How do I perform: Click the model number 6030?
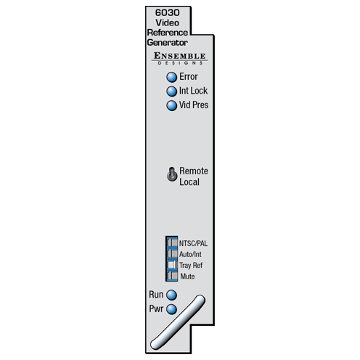(x=167, y=12)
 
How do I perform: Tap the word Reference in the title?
(x=168, y=33)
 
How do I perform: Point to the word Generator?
(x=168, y=43)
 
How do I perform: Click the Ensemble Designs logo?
(x=179, y=58)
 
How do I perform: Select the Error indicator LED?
(x=171, y=77)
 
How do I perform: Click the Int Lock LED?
(x=171, y=91)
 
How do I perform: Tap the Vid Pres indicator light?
(x=171, y=105)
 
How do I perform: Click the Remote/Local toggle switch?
(x=172, y=174)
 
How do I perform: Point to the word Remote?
(x=194, y=171)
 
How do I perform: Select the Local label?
(x=189, y=182)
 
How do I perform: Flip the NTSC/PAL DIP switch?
(x=172, y=242)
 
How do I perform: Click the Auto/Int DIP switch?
(x=172, y=253)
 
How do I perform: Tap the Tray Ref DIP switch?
(x=172, y=264)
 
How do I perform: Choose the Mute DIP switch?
(x=172, y=276)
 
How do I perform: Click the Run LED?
(x=171, y=295)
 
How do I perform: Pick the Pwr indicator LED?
(x=171, y=309)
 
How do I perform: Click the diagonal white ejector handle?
(x=178, y=322)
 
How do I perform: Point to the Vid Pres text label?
(x=194, y=105)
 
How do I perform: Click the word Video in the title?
(x=168, y=22)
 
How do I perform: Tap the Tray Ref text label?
(x=191, y=265)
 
